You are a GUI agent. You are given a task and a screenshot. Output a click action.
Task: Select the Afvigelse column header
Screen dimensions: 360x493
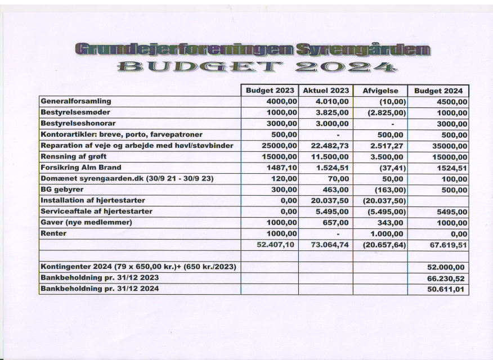380,91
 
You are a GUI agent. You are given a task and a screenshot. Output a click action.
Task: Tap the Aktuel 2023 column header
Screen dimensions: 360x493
326,91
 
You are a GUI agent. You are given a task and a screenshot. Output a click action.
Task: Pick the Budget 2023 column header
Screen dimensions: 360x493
270,91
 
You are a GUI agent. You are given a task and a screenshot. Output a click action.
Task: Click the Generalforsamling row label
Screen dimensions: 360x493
75,101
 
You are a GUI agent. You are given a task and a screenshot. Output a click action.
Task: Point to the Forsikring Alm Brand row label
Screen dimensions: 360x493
80,167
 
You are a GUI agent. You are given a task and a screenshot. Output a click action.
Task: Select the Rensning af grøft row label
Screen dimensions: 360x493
73,156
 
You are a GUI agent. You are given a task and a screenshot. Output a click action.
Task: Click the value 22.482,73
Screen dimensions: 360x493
330,146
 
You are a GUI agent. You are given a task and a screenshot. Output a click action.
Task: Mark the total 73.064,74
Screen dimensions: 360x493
330,245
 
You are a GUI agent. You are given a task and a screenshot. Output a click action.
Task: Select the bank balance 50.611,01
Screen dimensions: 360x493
446,290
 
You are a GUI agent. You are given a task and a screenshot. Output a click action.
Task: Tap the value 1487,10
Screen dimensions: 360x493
282,168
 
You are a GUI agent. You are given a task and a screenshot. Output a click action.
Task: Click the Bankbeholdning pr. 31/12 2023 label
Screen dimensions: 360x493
100,278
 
